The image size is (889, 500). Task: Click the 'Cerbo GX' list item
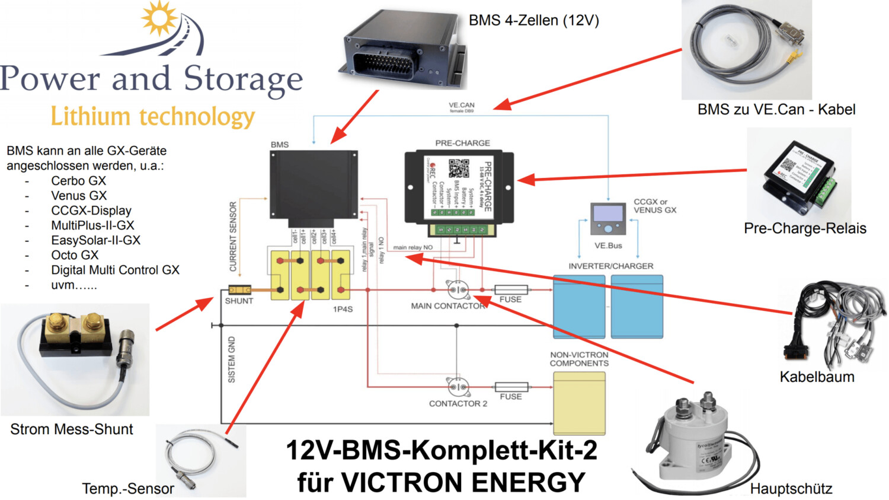(78, 181)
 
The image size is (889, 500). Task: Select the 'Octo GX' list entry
(75, 255)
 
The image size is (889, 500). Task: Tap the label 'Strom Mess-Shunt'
(72, 429)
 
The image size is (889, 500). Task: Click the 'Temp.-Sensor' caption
(128, 489)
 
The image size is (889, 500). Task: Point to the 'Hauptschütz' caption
(791, 489)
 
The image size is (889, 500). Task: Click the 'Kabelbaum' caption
(817, 377)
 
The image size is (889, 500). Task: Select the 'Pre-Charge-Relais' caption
(805, 228)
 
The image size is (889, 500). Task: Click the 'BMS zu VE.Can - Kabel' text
(776, 110)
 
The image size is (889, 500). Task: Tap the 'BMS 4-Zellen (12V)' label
(533, 21)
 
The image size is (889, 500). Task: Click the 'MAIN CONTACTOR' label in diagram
(448, 306)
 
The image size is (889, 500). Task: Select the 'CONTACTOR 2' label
(458, 403)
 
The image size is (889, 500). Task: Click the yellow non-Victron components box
(579, 403)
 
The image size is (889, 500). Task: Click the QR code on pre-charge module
(458, 168)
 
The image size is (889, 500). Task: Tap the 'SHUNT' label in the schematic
(239, 301)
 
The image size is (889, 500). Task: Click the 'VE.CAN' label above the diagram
(461, 105)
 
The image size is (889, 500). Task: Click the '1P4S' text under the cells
(343, 309)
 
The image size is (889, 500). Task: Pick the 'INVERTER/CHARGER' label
(610, 266)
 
